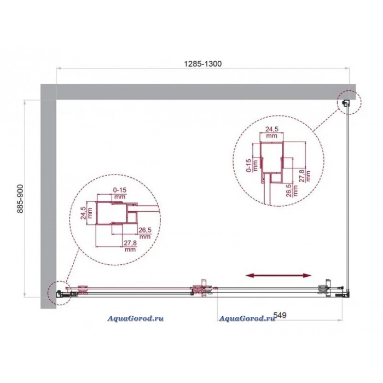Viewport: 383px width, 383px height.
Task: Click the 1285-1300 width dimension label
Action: pyautogui.click(x=203, y=64)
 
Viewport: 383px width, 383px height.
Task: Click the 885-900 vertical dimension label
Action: pyautogui.click(x=20, y=199)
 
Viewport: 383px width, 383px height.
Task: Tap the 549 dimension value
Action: pyautogui.click(x=280, y=315)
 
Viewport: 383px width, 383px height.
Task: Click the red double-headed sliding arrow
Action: pyautogui.click(x=278, y=276)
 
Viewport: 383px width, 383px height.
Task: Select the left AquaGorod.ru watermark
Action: pyautogui.click(x=136, y=318)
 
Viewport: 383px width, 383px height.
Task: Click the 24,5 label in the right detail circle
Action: pyautogui.click(x=271, y=129)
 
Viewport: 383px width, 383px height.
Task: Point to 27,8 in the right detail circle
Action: pyautogui.click(x=302, y=176)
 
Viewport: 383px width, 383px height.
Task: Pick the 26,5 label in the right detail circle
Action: pyautogui.click(x=289, y=190)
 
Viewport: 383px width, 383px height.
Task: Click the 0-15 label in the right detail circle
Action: pyautogui.click(x=249, y=165)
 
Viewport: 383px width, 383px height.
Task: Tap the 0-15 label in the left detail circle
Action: pyautogui.click(x=120, y=190)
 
